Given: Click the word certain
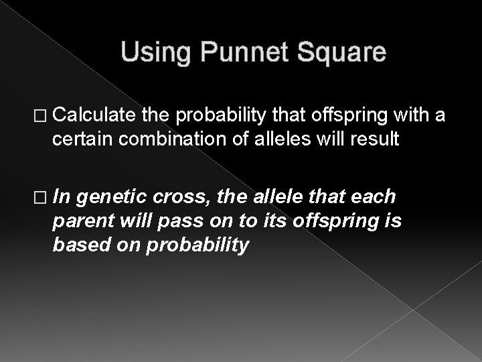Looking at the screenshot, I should [77, 139].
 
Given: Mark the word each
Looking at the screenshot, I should [374, 197].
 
